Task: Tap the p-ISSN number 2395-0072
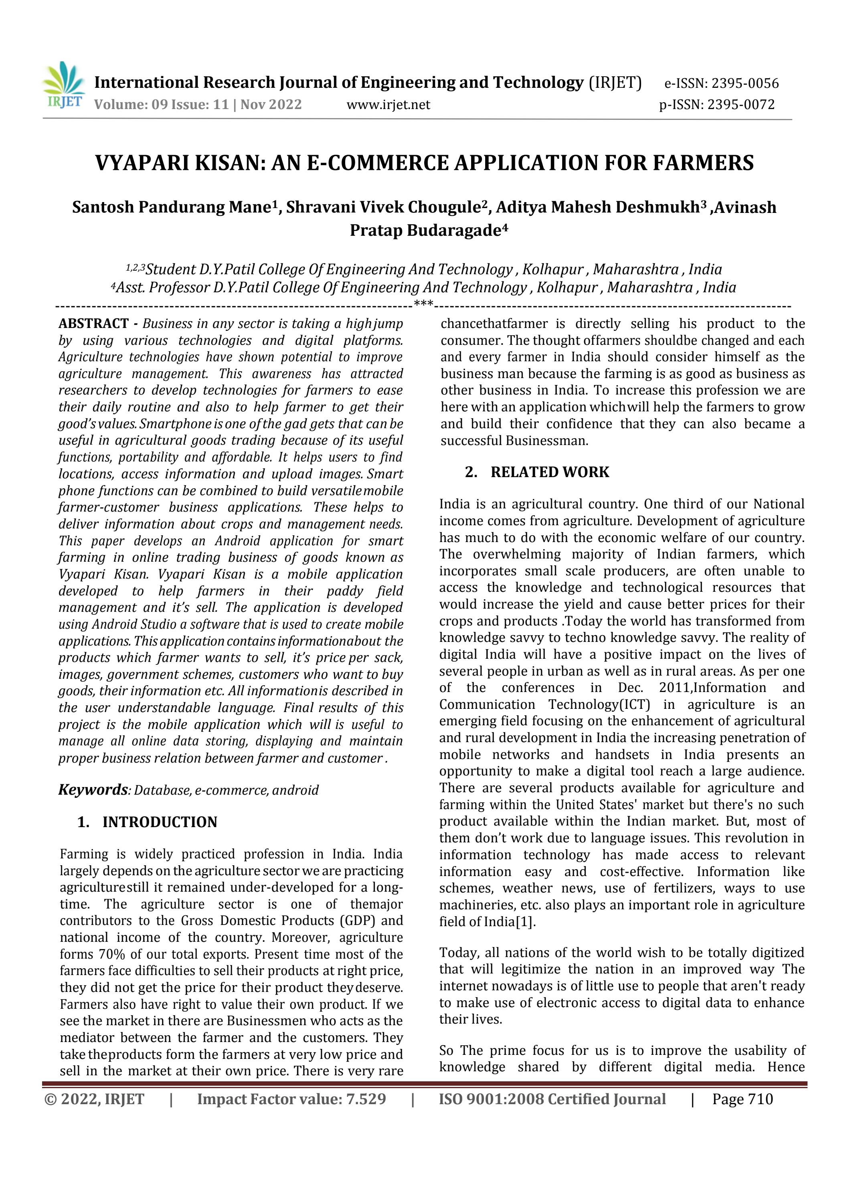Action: pyautogui.click(x=741, y=105)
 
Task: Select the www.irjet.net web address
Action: pyautogui.click(x=388, y=105)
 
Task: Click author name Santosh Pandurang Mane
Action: pyautogui.click(x=170, y=208)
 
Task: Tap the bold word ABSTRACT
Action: pyautogui.click(x=93, y=324)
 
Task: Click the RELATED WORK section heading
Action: pyautogui.click(x=549, y=472)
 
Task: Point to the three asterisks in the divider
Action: pyautogui.click(x=423, y=304)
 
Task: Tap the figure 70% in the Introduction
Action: pyautogui.click(x=111, y=954)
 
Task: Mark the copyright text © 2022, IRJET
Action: pyautogui.click(x=94, y=1099)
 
